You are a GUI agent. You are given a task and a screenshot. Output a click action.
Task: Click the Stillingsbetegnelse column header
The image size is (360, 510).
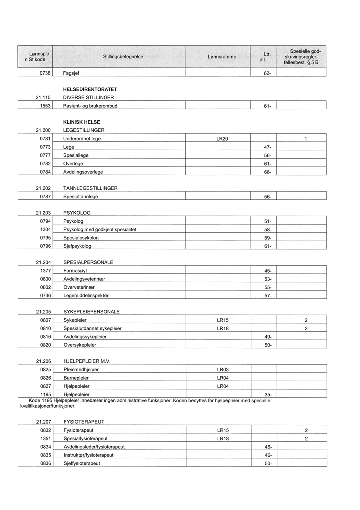[123, 57]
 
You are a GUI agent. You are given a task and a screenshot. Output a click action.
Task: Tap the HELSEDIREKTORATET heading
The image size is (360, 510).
[90, 89]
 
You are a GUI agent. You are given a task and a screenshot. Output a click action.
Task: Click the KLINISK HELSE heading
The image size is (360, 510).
[82, 122]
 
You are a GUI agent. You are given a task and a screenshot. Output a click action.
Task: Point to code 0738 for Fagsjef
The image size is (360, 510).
[45, 73]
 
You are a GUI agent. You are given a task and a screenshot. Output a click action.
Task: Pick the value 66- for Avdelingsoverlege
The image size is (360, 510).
[268, 172]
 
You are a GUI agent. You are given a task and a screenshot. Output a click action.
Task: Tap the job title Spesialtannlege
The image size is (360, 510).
[81, 197]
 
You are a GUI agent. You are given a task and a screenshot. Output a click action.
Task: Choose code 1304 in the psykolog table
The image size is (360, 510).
[45, 229]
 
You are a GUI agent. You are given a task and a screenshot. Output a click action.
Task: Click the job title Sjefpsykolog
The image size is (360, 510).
[77, 246]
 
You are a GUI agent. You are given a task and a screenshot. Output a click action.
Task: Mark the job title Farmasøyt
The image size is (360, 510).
[76, 271]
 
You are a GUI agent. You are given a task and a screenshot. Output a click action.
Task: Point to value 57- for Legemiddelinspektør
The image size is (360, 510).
[268, 296]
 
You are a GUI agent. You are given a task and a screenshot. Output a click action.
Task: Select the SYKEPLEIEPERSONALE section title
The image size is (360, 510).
[92, 312]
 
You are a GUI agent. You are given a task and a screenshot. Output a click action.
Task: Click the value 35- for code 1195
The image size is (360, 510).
[268, 394]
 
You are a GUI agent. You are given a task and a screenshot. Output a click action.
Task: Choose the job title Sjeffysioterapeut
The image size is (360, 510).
[82, 463]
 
